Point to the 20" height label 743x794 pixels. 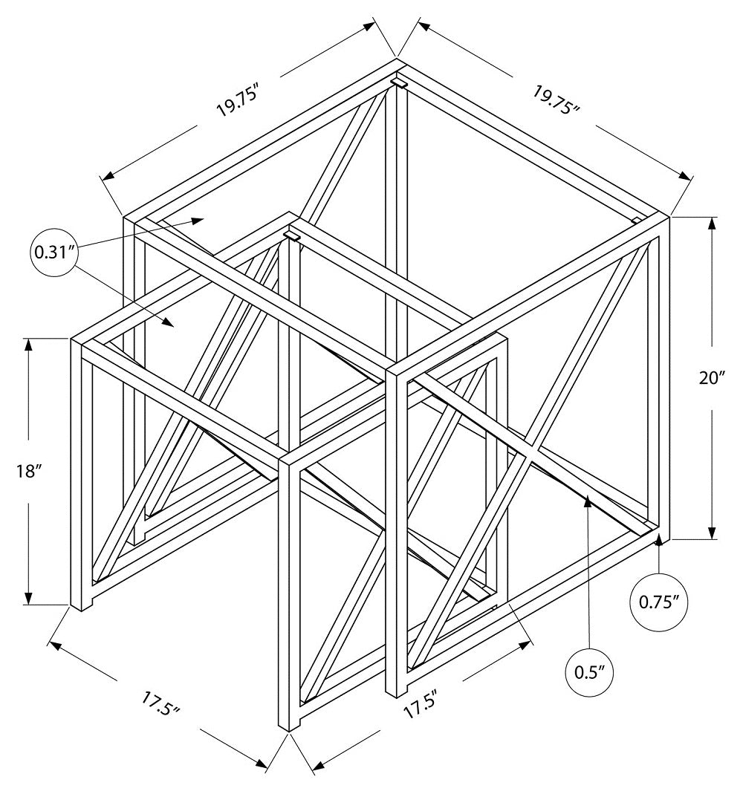(x=712, y=377)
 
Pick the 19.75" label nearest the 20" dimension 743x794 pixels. (x=556, y=98)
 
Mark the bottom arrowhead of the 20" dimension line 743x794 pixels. (x=713, y=533)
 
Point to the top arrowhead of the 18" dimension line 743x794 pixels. (x=29, y=344)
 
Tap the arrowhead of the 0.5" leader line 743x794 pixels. (x=588, y=503)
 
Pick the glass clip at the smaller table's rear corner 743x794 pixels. (x=291, y=235)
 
